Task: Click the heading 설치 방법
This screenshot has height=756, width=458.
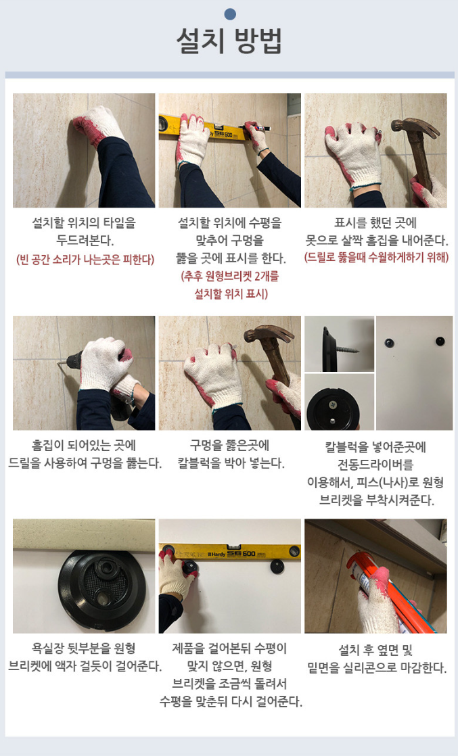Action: coord(229,41)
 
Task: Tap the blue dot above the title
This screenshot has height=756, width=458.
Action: coord(230,14)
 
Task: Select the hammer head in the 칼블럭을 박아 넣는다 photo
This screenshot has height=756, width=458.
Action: coord(269,333)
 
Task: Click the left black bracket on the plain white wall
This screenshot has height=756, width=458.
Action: coord(389,343)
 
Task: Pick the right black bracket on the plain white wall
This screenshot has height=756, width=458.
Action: coord(440,341)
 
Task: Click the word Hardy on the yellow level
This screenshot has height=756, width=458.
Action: coord(216,554)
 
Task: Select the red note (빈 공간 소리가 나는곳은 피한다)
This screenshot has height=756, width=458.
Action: coord(85,260)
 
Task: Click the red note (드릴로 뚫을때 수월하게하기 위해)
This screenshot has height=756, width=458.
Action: coord(376,258)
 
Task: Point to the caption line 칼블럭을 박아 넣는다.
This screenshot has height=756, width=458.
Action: coord(231,463)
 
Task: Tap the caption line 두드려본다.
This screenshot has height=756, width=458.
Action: coord(85,241)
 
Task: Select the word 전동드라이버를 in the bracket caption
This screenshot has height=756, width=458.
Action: coord(376,465)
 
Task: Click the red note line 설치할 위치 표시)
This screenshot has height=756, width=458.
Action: coord(231,293)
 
